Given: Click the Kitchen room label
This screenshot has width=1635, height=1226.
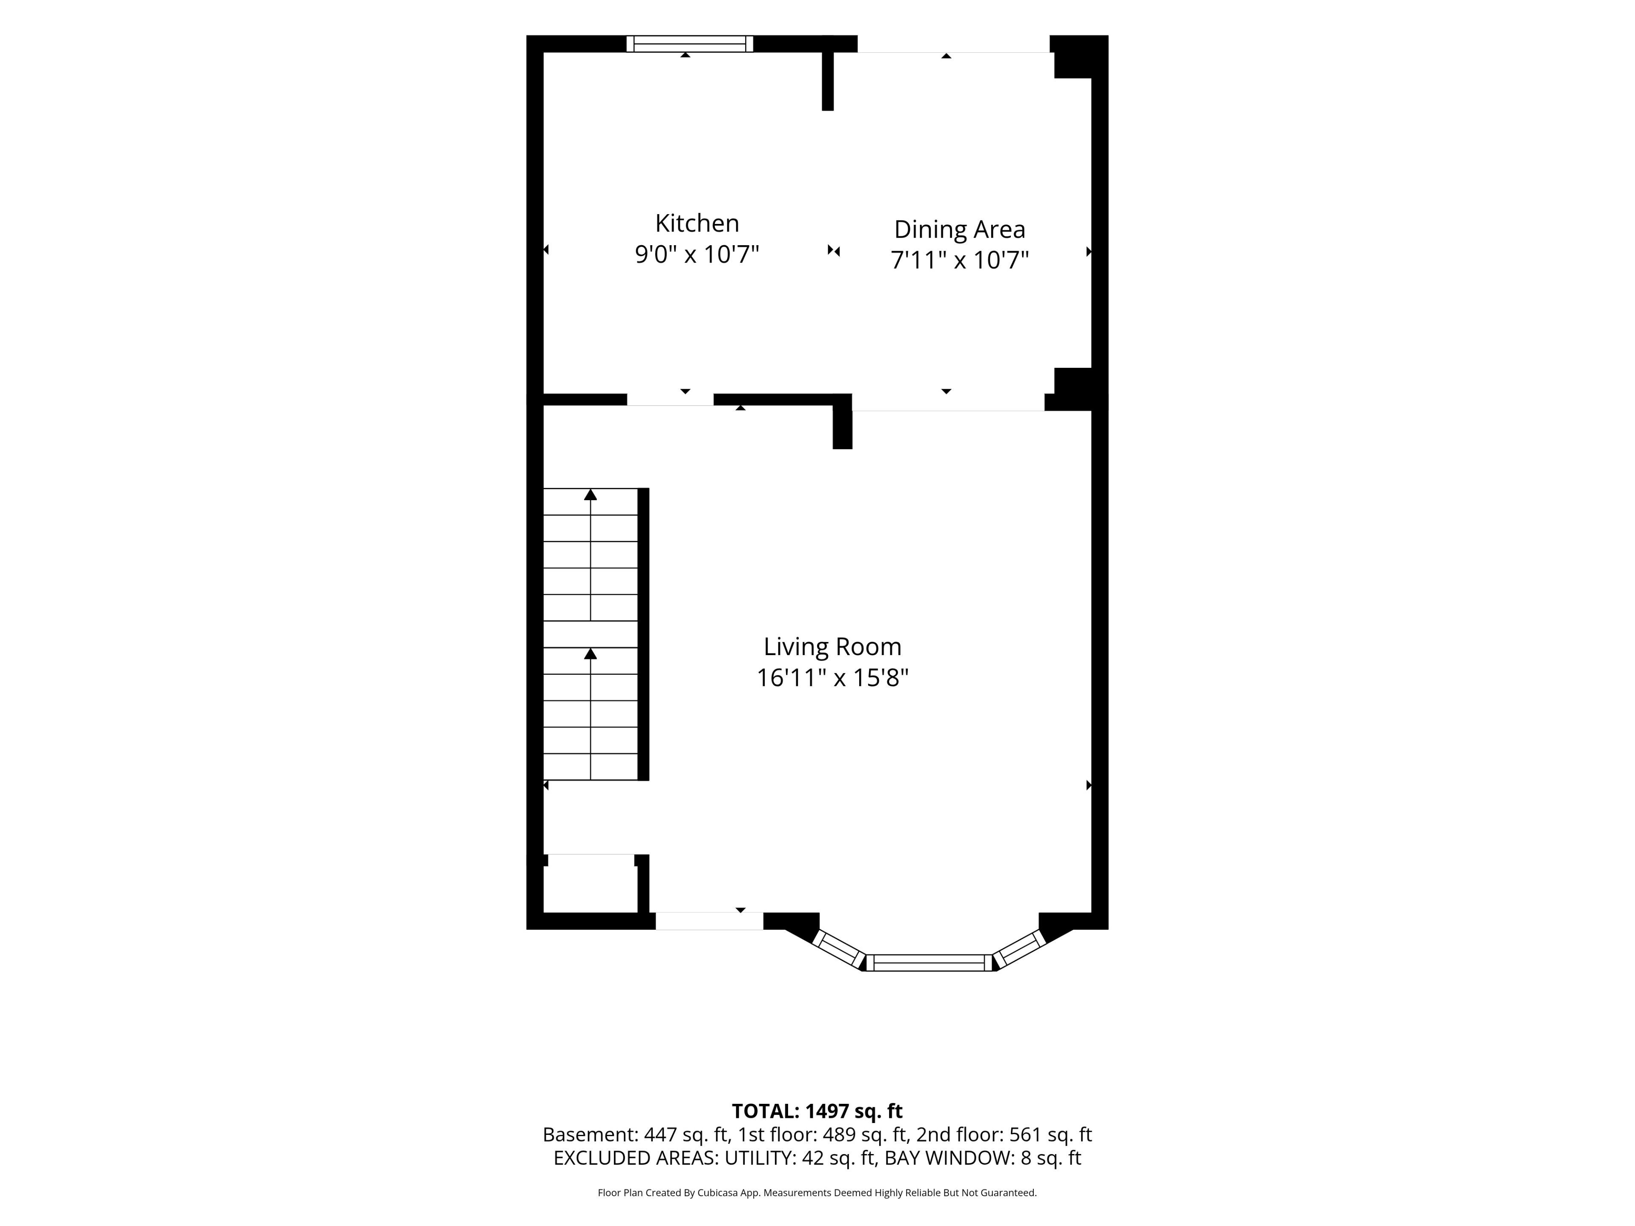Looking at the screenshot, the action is coord(697,223).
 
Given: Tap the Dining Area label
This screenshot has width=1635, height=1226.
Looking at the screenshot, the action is coord(959,230).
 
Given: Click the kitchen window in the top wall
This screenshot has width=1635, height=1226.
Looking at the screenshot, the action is coord(690,43).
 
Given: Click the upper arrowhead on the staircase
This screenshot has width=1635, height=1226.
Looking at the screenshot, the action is coord(591,494).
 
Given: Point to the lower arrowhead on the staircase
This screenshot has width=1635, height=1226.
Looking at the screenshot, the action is coord(591,654).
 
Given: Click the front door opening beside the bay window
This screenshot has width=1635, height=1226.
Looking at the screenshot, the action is coord(710,921).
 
